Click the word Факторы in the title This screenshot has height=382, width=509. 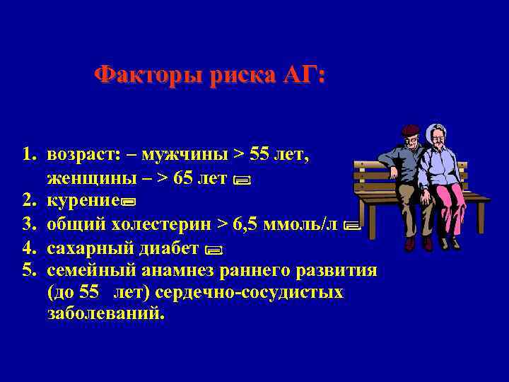[x=148, y=74]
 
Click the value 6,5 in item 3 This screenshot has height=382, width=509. [x=245, y=225]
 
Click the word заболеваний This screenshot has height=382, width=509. [x=105, y=313]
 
